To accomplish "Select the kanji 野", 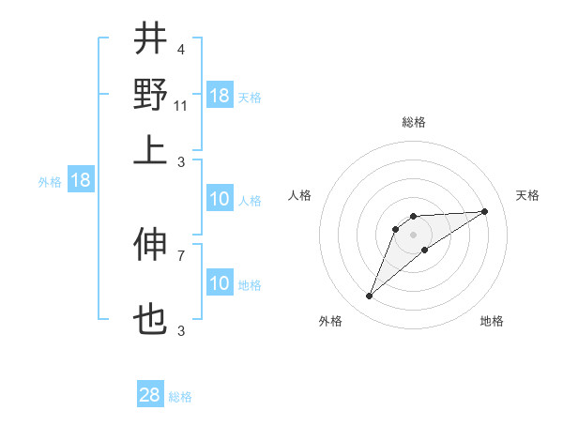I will [150, 95].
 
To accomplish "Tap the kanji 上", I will [150, 151].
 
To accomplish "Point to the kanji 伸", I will [150, 245].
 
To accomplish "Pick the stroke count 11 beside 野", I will [182, 106].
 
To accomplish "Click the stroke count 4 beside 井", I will [180, 49].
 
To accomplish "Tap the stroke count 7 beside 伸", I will [180, 255].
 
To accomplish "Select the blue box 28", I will [150, 396].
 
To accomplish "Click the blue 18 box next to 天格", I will [220, 96].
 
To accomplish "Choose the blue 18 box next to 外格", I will [81, 181].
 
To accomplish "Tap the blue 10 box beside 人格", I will [220, 200].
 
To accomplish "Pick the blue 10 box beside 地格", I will [220, 283].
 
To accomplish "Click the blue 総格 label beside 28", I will [180, 397].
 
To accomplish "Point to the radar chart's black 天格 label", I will [527, 195].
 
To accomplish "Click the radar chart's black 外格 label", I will [330, 321].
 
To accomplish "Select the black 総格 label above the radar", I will [414, 122].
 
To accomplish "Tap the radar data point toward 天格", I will [485, 211].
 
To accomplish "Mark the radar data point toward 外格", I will [370, 297].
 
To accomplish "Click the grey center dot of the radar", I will [414, 235].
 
